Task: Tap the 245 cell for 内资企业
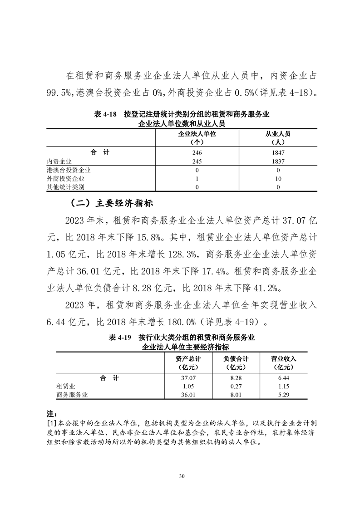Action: (197, 161)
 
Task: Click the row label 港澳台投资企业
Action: (69, 170)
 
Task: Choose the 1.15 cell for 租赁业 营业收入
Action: (283, 386)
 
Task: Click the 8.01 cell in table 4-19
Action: (235, 395)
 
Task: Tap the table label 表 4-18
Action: (104, 114)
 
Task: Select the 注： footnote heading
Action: (51, 414)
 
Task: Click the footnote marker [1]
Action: (51, 423)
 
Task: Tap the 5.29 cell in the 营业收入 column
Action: (283, 395)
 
